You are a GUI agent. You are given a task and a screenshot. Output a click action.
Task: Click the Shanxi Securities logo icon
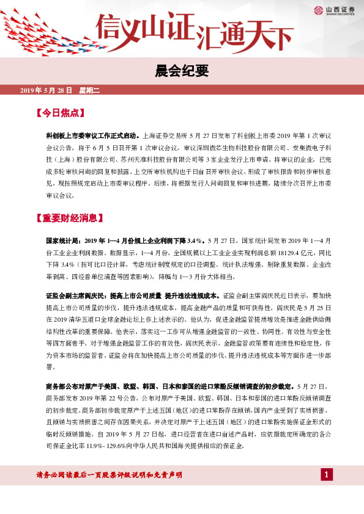click(x=318, y=10)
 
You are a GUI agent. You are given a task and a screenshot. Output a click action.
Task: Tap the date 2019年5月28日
click(x=46, y=90)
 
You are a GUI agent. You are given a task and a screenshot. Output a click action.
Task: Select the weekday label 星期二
click(x=89, y=90)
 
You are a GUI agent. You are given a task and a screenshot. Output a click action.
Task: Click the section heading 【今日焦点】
click(x=60, y=114)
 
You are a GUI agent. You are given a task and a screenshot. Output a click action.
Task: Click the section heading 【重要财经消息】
click(x=69, y=218)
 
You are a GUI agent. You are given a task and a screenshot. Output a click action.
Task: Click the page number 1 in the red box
click(x=327, y=475)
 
